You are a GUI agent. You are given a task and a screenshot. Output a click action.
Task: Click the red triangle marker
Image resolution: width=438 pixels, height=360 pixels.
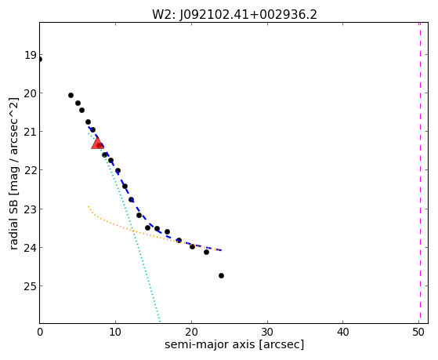point(97,143)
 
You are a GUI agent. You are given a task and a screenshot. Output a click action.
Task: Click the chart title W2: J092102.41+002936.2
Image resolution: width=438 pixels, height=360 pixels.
point(234,15)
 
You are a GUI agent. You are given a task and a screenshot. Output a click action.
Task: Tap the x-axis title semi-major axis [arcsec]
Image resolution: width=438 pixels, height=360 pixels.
point(234,344)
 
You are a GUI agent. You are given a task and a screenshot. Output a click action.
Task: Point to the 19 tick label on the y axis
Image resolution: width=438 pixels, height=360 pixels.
point(31,55)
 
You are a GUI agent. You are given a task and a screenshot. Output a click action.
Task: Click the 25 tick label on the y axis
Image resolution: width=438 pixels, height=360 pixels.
point(31,286)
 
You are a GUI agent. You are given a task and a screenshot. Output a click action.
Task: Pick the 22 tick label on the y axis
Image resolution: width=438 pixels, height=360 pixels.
point(31,170)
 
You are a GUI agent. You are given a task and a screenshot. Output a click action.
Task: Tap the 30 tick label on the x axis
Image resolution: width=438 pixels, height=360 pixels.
point(267,333)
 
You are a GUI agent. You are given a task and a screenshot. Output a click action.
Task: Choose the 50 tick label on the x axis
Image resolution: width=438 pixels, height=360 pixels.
point(418,333)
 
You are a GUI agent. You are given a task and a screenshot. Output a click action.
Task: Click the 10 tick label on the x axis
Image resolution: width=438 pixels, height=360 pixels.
point(115,333)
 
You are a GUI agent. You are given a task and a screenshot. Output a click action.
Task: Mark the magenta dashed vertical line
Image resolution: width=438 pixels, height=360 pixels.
point(420,173)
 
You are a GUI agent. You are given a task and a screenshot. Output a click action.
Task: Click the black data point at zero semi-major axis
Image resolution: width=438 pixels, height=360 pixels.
point(40,60)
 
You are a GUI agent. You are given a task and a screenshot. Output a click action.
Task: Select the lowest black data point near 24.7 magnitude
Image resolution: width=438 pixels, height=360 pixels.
point(221,276)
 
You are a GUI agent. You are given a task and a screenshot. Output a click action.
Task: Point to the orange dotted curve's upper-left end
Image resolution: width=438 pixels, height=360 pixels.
point(89,206)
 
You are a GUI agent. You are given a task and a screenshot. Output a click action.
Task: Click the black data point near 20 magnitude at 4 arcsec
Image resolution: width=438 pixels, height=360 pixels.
point(71,96)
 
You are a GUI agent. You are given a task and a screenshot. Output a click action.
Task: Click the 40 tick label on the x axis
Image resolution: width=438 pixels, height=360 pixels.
point(342,333)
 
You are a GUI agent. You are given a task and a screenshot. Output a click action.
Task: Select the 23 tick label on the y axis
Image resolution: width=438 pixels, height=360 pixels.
point(31,209)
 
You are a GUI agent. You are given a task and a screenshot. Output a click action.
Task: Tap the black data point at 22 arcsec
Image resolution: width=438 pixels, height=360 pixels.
point(206,253)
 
